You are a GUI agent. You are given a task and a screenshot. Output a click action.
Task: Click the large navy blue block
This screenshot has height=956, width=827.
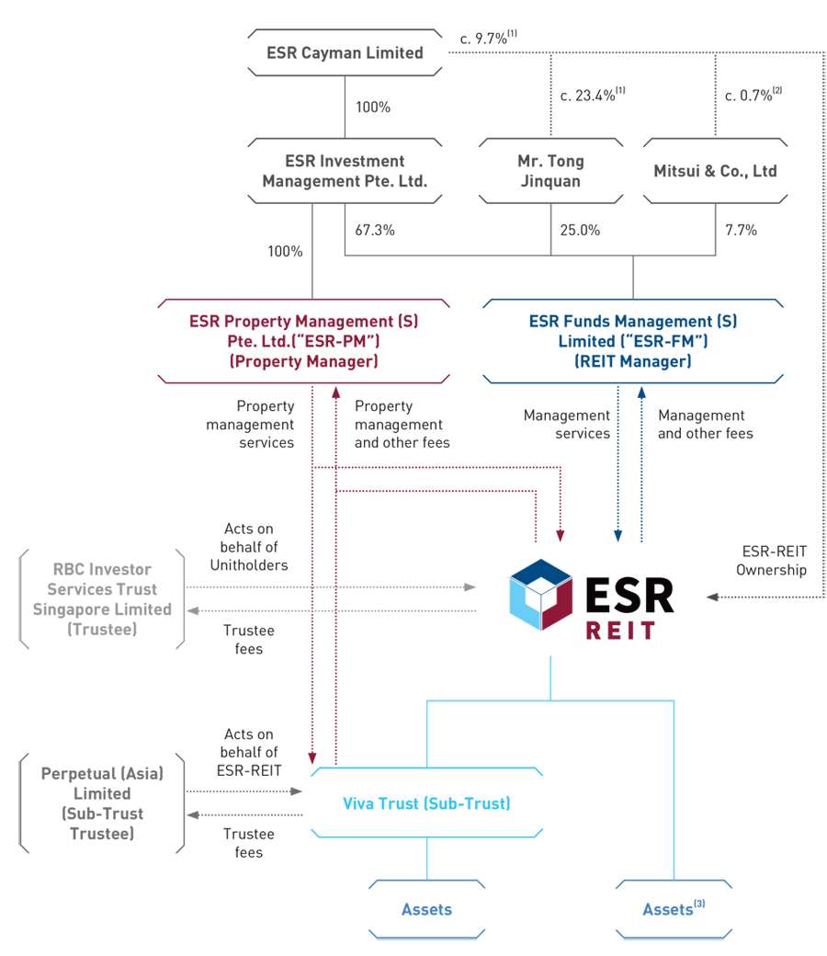click(x=634, y=340)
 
